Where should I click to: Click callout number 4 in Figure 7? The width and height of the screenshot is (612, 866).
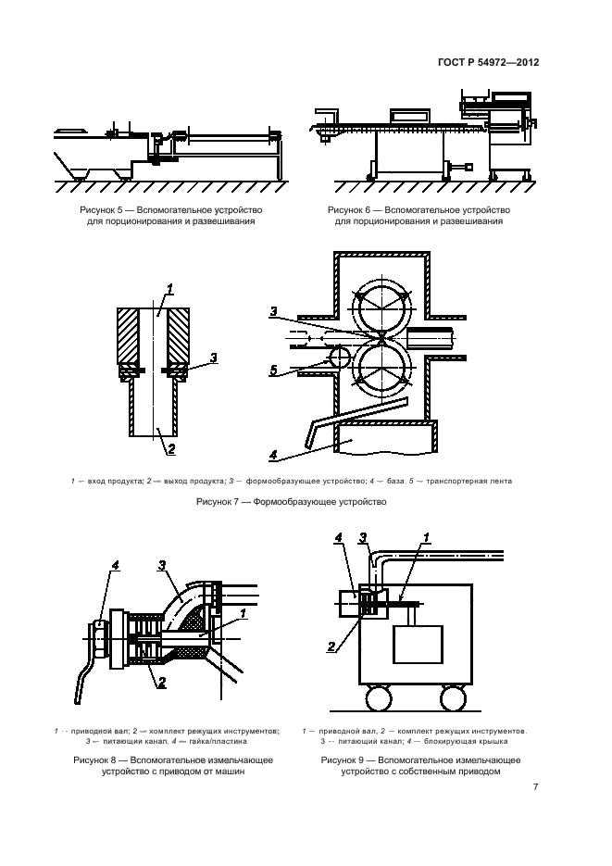point(275,455)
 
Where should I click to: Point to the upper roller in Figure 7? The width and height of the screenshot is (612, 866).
point(382,300)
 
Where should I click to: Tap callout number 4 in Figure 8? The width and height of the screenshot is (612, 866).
point(115,565)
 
